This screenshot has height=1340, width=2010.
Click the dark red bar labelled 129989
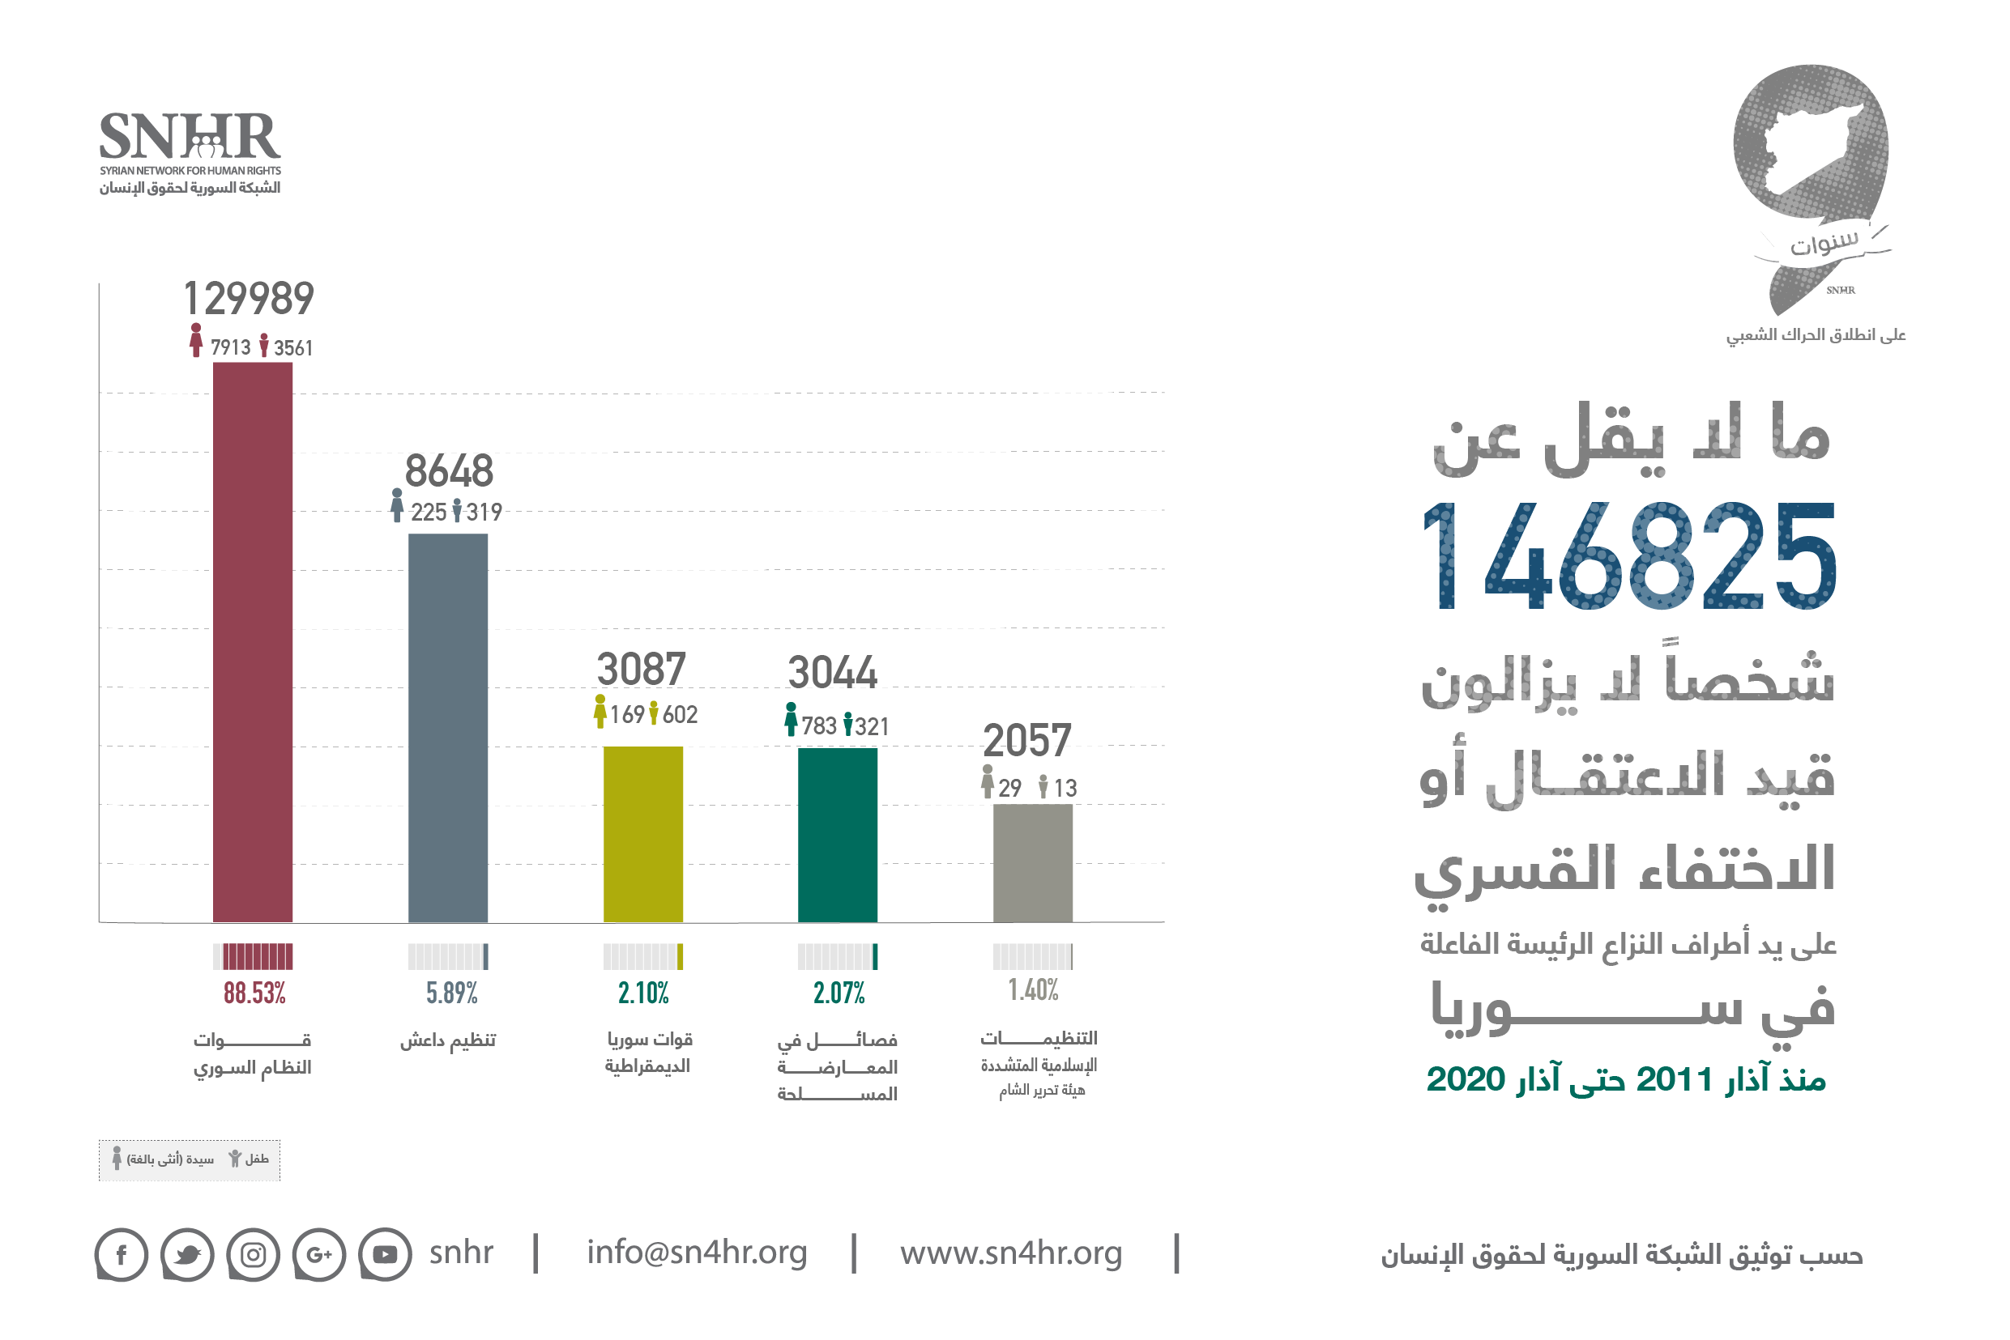[252, 641]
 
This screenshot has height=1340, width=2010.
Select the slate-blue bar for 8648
[447, 727]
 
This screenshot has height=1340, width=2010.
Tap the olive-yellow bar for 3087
[643, 833]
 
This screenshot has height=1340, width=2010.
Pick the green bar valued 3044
[837, 834]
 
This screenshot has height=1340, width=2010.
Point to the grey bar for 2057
[1032, 862]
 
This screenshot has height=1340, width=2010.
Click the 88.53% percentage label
[254, 992]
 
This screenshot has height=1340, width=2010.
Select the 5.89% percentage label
[451, 992]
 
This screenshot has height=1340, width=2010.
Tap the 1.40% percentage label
[1033, 989]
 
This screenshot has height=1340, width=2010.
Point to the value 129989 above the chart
[249, 298]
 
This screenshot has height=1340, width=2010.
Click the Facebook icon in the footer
[121, 1253]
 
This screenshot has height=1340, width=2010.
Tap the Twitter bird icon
[186, 1253]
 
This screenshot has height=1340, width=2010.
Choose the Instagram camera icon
[253, 1253]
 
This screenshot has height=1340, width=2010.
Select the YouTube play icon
[385, 1253]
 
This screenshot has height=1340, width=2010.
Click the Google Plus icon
[319, 1253]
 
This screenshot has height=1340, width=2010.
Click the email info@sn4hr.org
[696, 1252]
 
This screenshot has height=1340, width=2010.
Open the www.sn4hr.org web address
[1010, 1253]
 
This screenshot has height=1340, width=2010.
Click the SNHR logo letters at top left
[190, 137]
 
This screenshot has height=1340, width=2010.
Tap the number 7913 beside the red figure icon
[230, 347]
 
